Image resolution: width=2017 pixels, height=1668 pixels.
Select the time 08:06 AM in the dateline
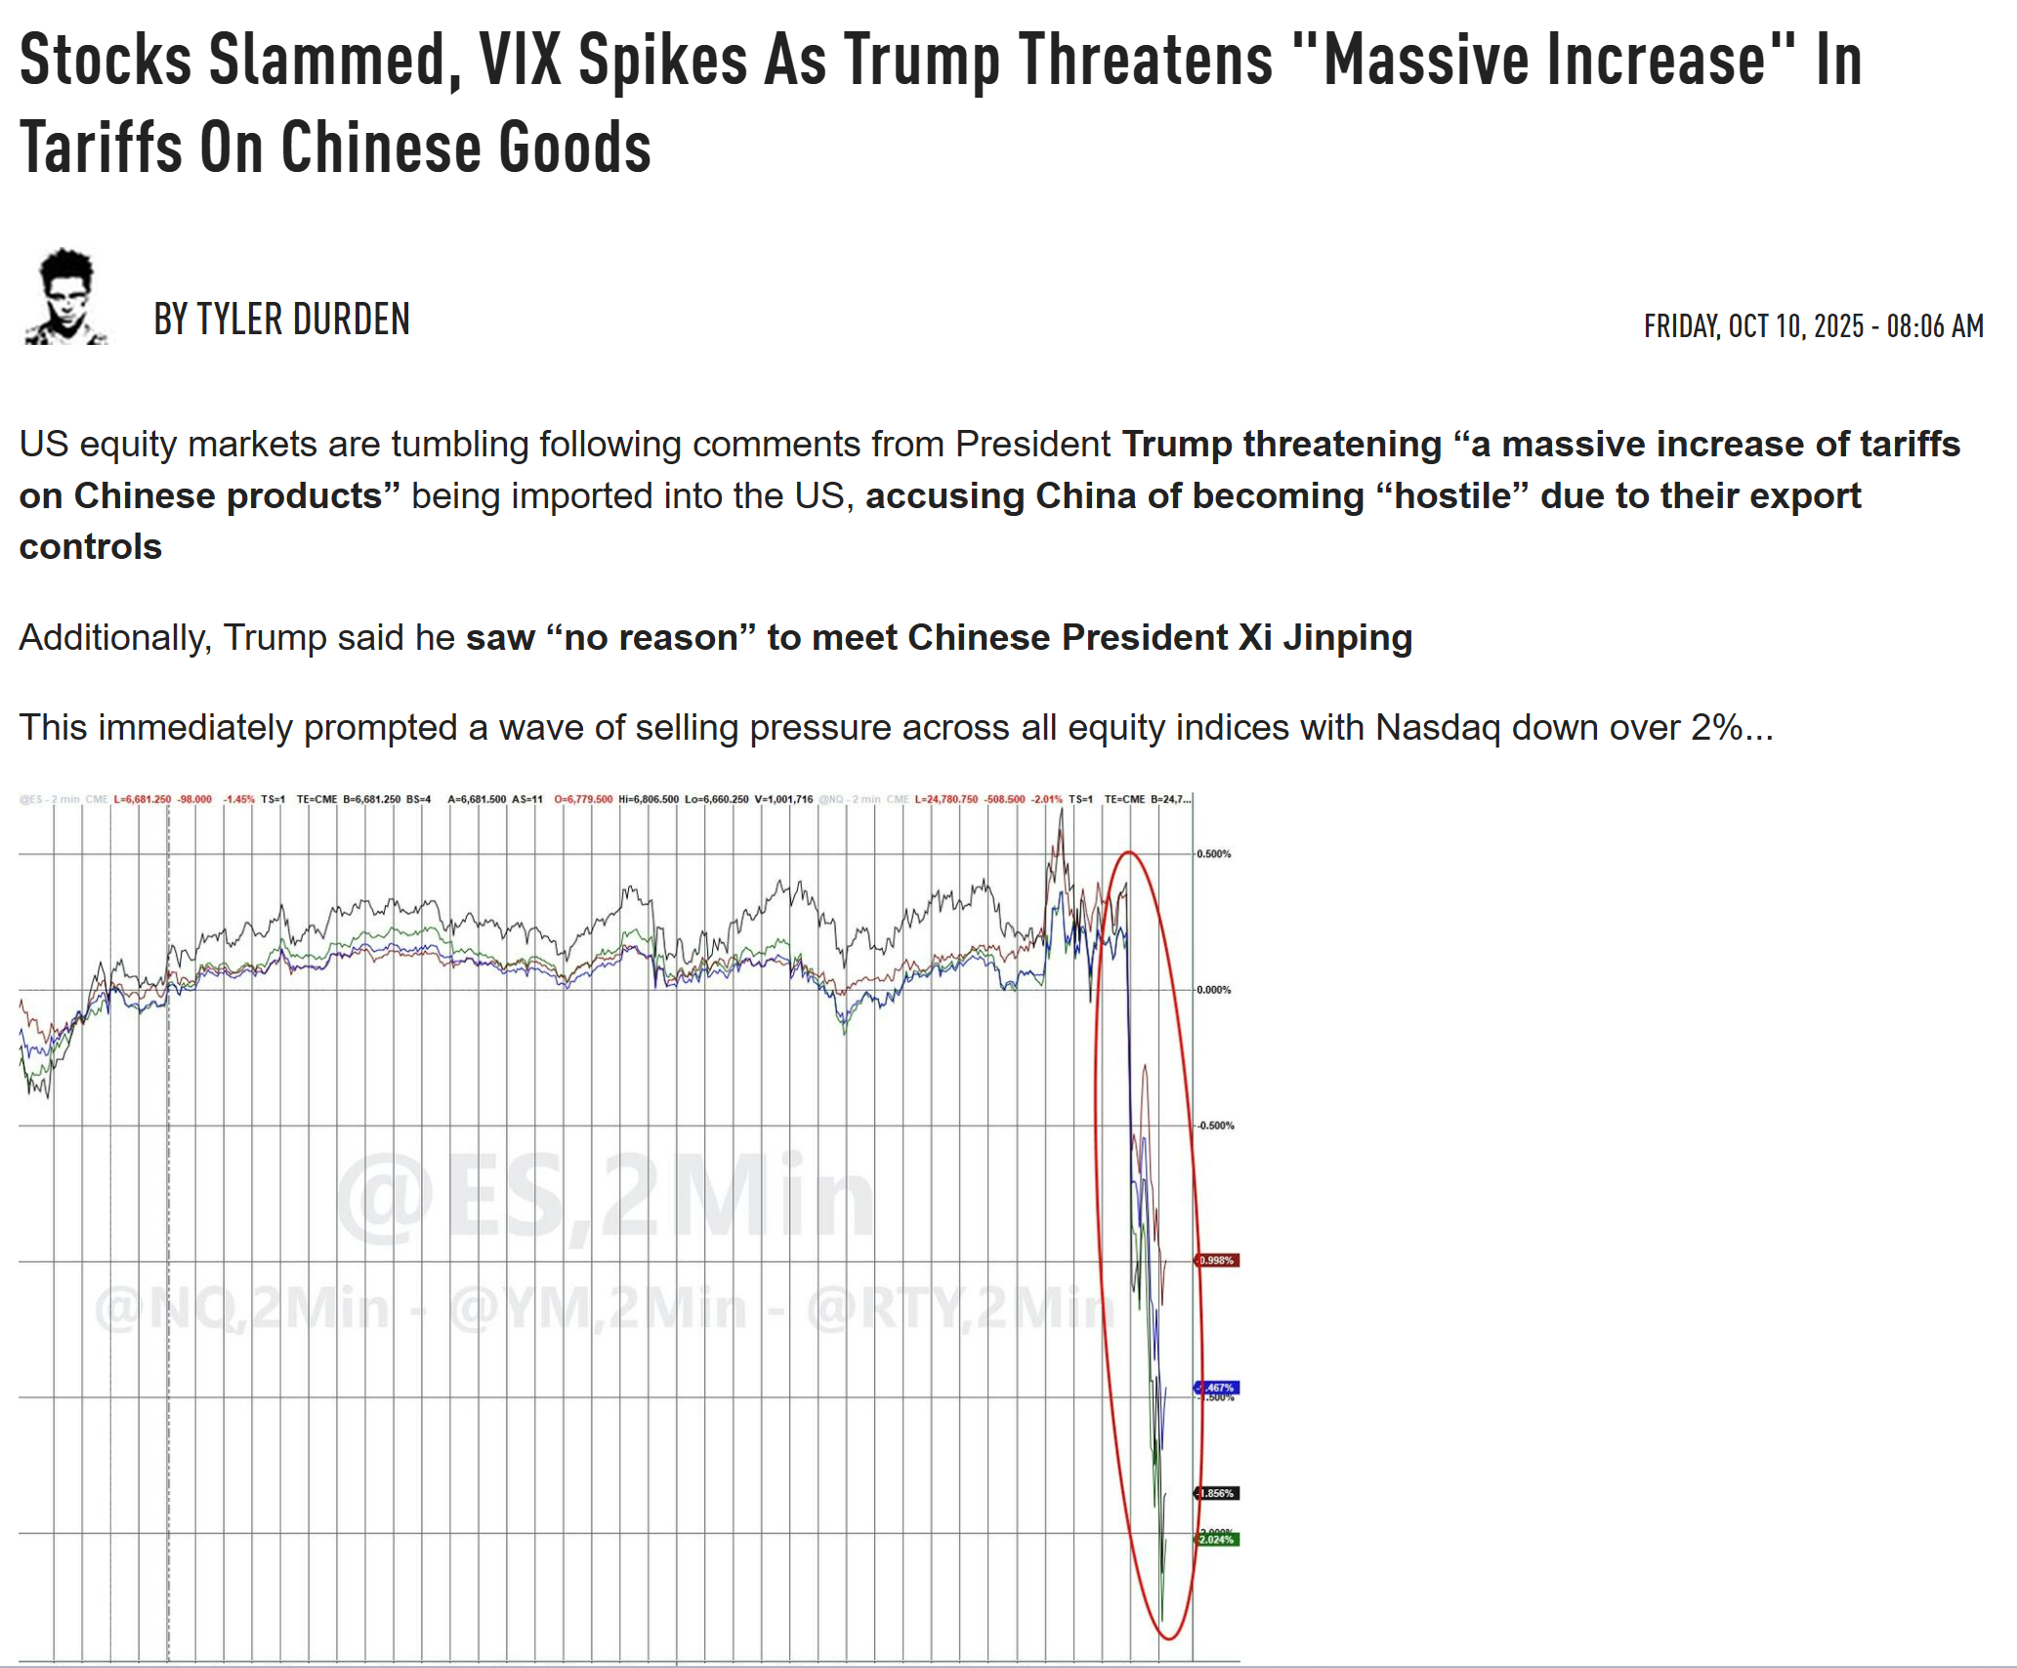pyautogui.click(x=1934, y=326)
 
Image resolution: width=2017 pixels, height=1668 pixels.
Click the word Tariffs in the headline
pyautogui.click(x=101, y=148)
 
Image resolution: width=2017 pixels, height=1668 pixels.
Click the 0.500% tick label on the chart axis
pyautogui.click(x=1214, y=854)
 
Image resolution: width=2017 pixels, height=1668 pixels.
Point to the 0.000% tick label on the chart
pyautogui.click(x=1214, y=990)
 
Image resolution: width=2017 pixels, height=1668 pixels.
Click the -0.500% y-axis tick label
pyautogui.click(x=1215, y=1126)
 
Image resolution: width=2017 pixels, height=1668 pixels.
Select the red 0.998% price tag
pyautogui.click(x=1217, y=1261)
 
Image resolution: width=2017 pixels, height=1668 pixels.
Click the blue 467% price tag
pyautogui.click(x=1218, y=1388)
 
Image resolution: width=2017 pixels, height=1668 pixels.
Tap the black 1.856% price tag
pyautogui.click(x=1217, y=1493)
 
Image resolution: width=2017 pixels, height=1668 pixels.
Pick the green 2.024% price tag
pyautogui.click(x=1217, y=1540)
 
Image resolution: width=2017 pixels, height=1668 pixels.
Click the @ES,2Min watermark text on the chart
pyautogui.click(x=606, y=1197)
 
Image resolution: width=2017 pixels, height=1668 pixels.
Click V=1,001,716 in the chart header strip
pyautogui.click(x=783, y=799)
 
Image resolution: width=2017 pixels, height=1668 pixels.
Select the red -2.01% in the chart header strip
pyautogui.click(x=1047, y=799)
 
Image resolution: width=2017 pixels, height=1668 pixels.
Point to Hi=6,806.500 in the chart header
pyautogui.click(x=649, y=799)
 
